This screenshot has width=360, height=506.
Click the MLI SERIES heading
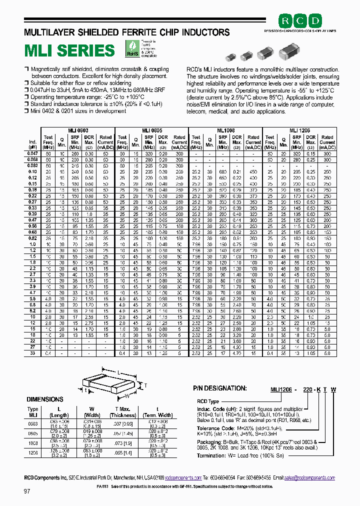(70, 50)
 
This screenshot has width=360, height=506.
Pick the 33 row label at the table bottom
(33, 353)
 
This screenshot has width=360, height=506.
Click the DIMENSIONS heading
(45, 400)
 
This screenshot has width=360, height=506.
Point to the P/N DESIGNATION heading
(219, 387)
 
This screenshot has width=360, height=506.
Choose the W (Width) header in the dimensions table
(92, 412)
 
